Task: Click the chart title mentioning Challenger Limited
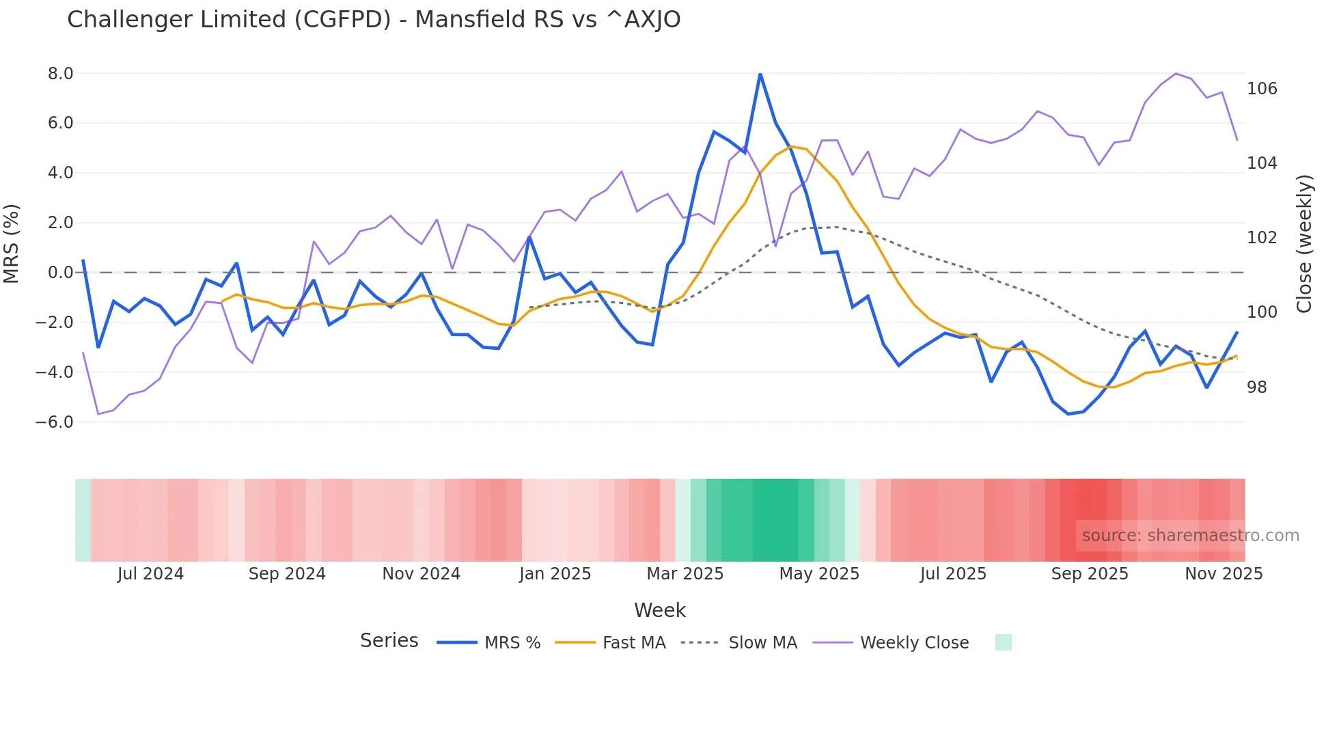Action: point(374,20)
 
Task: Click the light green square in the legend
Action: point(1003,642)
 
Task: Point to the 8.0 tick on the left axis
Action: point(60,74)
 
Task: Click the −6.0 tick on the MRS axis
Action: point(55,422)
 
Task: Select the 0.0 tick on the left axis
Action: point(60,273)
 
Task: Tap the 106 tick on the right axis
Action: point(1262,89)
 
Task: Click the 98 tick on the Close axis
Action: point(1257,387)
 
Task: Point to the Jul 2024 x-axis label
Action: point(150,574)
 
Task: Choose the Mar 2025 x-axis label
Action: point(685,574)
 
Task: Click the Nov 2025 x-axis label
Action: point(1224,574)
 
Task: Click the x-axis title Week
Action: point(659,610)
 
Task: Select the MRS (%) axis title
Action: point(12,244)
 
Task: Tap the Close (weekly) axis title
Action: point(1304,244)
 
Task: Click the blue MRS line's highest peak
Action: point(760,74)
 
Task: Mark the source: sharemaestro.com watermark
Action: point(1190,536)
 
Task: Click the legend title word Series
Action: point(389,641)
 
